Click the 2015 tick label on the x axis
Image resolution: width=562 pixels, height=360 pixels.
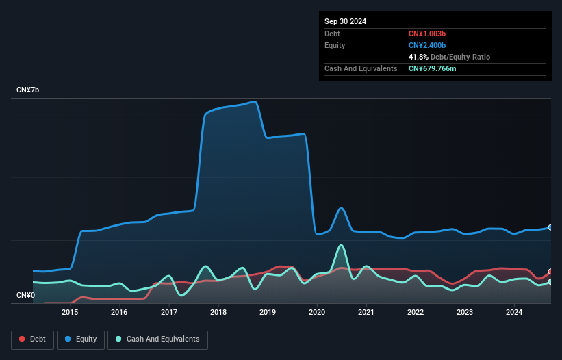click(x=70, y=313)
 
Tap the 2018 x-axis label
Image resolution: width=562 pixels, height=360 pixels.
click(x=218, y=313)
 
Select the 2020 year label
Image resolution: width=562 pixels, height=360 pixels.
click(x=317, y=313)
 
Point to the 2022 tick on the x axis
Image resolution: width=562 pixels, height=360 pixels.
click(x=416, y=313)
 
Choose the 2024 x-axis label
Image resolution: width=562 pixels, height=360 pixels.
click(x=514, y=313)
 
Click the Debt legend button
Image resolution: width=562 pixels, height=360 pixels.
click(x=31, y=339)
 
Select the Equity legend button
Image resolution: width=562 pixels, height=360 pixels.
click(x=81, y=339)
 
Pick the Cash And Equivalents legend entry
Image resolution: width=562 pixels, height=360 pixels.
click(x=157, y=339)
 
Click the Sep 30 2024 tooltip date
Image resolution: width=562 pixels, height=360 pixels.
click(x=345, y=21)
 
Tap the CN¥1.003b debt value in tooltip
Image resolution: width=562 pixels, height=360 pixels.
click(x=427, y=34)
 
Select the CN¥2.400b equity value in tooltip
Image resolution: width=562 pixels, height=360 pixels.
click(x=427, y=45)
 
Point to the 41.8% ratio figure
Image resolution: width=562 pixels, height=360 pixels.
click(x=419, y=57)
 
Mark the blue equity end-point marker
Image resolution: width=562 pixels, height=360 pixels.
click(x=550, y=227)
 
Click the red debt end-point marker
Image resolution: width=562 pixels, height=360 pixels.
click(x=550, y=272)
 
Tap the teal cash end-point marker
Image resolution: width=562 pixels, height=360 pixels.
click(x=550, y=282)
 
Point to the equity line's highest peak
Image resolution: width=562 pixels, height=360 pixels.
click(x=255, y=102)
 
